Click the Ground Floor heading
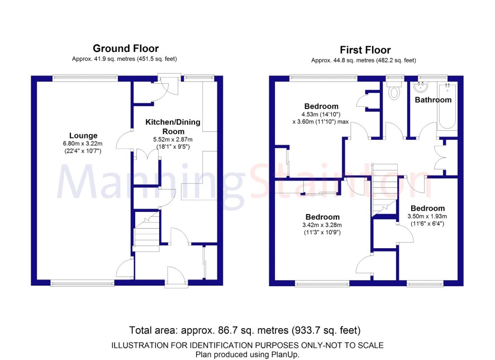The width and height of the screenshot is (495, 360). [126, 48]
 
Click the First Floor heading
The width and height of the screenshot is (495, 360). [365, 50]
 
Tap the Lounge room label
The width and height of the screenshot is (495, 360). [83, 135]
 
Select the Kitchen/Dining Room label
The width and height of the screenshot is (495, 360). [173, 127]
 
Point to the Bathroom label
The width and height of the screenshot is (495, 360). [433, 100]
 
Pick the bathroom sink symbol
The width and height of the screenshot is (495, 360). [420, 86]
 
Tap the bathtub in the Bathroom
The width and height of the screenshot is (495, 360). [447, 106]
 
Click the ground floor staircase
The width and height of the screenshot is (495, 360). [146, 231]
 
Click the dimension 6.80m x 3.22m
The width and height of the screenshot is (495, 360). [83, 143]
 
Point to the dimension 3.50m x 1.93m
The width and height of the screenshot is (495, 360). [427, 216]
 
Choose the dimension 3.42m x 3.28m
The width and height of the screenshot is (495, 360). [322, 225]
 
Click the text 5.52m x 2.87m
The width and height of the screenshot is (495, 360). [173, 139]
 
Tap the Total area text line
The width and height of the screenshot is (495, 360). [245, 330]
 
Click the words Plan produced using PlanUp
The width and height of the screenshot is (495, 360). [247, 354]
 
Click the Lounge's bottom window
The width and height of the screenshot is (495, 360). [82, 284]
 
